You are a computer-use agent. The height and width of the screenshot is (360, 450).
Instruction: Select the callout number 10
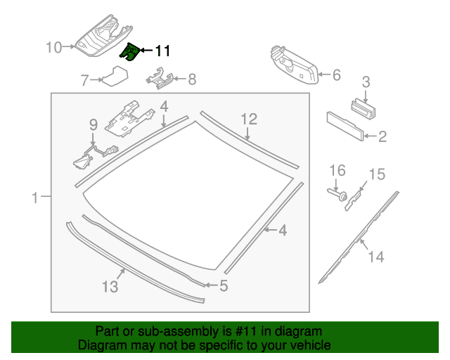pyautogui.click(x=54, y=48)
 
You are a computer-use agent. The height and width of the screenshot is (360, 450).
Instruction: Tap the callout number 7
pyautogui.click(x=85, y=80)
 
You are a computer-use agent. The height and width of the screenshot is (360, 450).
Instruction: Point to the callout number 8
pyautogui.click(x=192, y=79)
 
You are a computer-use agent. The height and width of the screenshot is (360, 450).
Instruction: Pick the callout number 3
pyautogui.click(x=366, y=82)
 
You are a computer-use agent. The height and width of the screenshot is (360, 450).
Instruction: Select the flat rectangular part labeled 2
pyautogui.click(x=345, y=127)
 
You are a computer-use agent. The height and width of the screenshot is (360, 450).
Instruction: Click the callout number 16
pyautogui.click(x=338, y=170)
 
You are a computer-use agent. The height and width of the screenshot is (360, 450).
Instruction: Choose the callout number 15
pyautogui.click(x=377, y=174)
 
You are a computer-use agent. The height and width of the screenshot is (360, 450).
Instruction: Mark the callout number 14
pyautogui.click(x=376, y=257)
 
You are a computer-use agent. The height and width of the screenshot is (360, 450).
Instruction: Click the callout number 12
pyautogui.click(x=250, y=119)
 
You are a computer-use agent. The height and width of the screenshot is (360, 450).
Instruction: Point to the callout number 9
pyautogui.click(x=92, y=125)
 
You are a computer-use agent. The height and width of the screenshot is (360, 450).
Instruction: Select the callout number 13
pyautogui.click(x=110, y=286)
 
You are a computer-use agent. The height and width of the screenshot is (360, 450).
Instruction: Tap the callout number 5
pyautogui.click(x=224, y=285)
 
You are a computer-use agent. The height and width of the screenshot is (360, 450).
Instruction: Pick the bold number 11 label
pyautogui.click(x=162, y=51)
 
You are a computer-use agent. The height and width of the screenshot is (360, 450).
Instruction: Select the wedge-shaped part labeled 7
pyautogui.click(x=114, y=75)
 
